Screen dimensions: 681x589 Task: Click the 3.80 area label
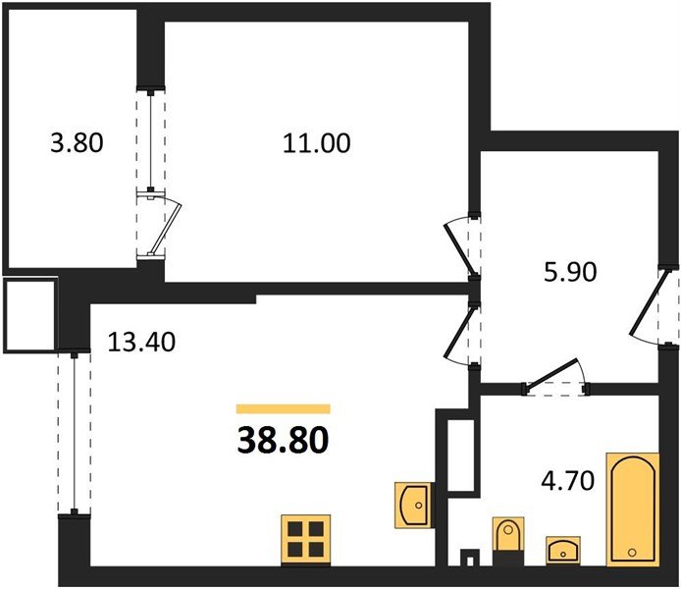[x=77, y=143]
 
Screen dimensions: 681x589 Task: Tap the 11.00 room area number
[x=316, y=143]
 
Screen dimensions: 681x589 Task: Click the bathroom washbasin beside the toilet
[x=562, y=547]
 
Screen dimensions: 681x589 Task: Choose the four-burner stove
[x=304, y=538]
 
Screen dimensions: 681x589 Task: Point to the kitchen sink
[x=411, y=505]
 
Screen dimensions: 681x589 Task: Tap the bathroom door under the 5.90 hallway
[x=554, y=378]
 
